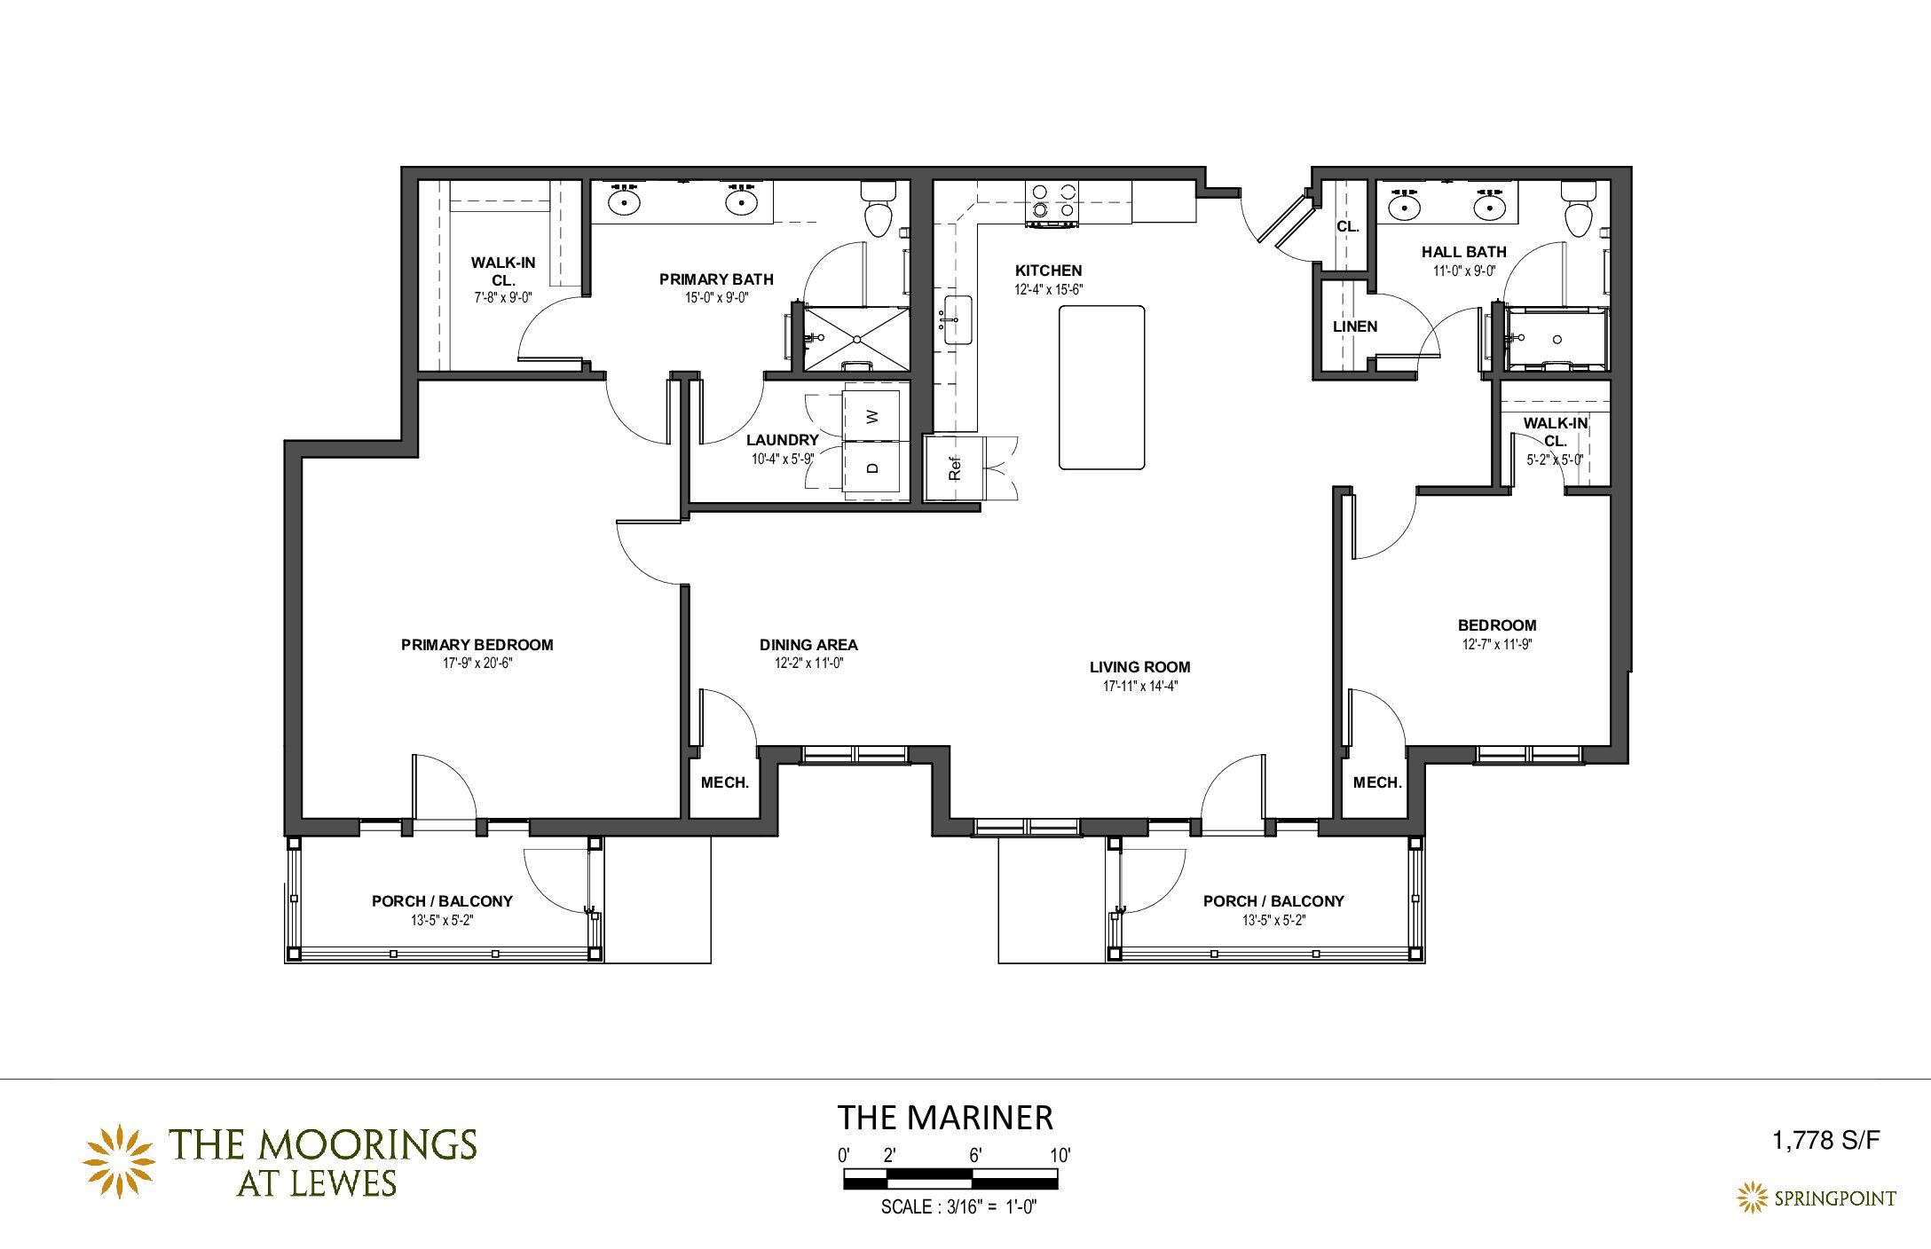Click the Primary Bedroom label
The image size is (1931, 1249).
477,645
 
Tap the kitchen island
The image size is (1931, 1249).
1101,387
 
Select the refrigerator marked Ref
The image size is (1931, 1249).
954,467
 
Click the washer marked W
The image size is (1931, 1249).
872,414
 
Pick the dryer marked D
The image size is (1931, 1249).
872,468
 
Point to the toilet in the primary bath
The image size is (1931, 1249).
879,209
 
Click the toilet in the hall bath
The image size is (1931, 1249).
1579,209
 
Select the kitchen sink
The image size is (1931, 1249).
957,319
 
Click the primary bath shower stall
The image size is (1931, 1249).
856,339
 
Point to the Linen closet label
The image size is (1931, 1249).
1355,326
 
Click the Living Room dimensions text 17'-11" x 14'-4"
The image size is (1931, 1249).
1140,686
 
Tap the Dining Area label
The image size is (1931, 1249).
808,645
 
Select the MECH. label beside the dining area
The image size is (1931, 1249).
725,782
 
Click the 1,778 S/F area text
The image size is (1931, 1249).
1826,1140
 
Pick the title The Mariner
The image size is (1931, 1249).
945,1118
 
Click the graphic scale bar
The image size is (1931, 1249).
950,1179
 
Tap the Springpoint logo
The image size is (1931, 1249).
1817,1198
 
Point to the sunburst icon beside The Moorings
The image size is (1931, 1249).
119,1161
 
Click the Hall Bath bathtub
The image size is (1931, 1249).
1557,339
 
